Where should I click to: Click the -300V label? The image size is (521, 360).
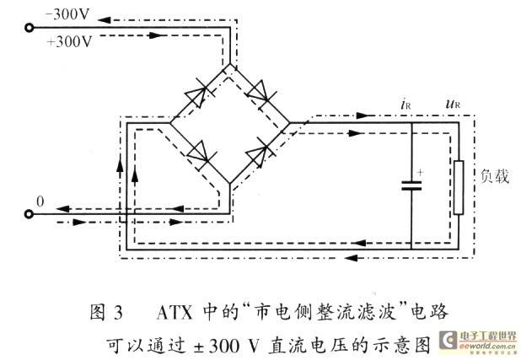[x=67, y=14]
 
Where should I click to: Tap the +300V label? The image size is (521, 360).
[x=69, y=42]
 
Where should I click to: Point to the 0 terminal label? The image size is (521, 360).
[x=40, y=201]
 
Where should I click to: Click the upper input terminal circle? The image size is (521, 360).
[x=30, y=28]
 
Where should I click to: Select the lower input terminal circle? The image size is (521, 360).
[x=30, y=214]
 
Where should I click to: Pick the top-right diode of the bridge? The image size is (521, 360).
[x=260, y=92]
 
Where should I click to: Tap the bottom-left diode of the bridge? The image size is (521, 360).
[x=201, y=153]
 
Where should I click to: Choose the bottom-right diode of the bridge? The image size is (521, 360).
[x=259, y=153]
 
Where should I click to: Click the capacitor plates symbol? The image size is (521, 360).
[x=411, y=185]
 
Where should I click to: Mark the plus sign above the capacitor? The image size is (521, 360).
[x=421, y=172]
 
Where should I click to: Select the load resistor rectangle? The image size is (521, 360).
[x=459, y=187]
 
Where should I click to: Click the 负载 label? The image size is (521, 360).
[x=495, y=176]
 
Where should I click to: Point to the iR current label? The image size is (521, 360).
[x=406, y=105]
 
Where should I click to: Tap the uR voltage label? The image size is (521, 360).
[x=453, y=104]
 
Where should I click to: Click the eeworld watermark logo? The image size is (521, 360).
[x=479, y=341]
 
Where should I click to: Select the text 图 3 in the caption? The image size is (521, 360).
[x=107, y=313]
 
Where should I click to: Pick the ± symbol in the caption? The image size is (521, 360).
[x=199, y=347]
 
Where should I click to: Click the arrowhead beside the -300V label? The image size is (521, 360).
[x=104, y=19]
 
